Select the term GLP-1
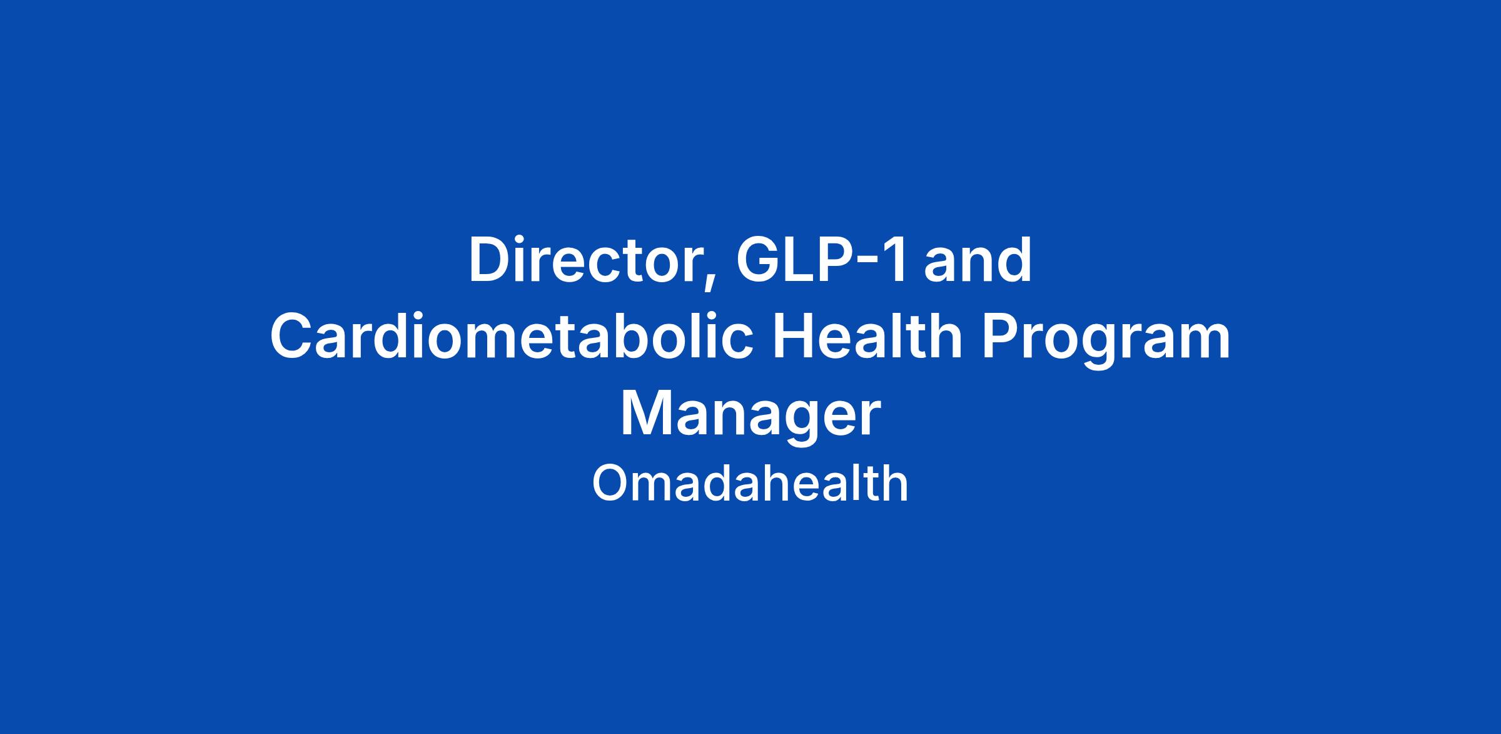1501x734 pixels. (821, 260)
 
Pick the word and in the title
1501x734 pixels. (978, 260)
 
